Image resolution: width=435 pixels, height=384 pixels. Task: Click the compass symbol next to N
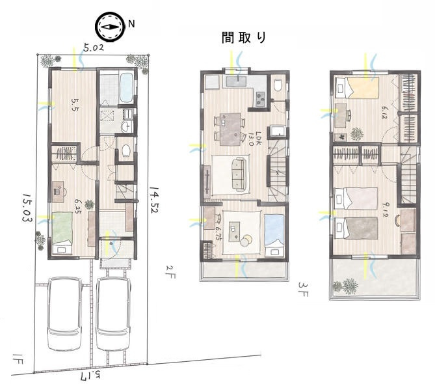tap(109, 26)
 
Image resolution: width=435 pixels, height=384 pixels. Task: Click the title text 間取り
tap(244, 38)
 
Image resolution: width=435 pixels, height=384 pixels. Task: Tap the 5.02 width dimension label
tap(94, 48)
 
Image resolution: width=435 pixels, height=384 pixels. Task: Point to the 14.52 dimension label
tap(154, 202)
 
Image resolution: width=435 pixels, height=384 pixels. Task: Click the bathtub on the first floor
tap(126, 88)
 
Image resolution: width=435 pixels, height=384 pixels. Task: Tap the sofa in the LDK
tap(238, 174)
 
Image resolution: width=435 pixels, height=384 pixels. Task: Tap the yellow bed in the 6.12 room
tap(360, 87)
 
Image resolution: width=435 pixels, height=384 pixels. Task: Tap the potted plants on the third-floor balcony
tap(345, 286)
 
